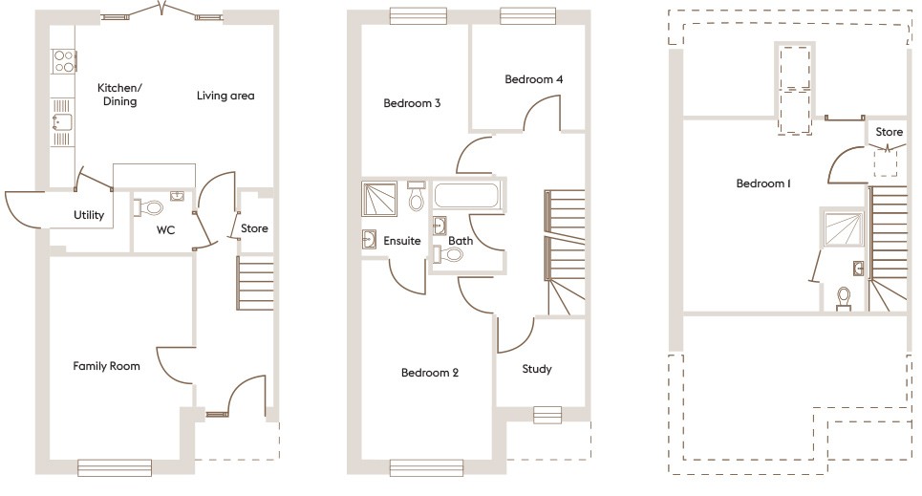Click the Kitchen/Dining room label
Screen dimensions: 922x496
point(118,95)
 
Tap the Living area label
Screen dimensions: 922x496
point(225,96)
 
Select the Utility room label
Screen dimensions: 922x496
point(89,215)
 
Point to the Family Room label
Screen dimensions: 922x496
point(107,366)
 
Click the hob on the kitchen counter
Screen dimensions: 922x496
point(64,61)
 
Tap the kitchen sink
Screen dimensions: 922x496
point(62,122)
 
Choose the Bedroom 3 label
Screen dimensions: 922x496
point(411,103)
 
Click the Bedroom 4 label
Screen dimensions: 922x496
point(533,79)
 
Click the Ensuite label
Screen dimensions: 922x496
point(401,241)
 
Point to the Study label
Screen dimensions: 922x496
point(536,369)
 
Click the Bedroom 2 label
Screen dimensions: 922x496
point(429,373)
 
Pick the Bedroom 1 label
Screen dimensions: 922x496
point(762,183)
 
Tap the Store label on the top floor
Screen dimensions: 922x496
point(889,131)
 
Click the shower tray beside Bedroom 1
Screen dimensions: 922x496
point(842,228)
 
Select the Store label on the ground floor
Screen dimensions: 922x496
point(254,228)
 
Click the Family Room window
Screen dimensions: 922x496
point(115,467)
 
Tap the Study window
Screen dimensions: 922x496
point(547,414)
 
